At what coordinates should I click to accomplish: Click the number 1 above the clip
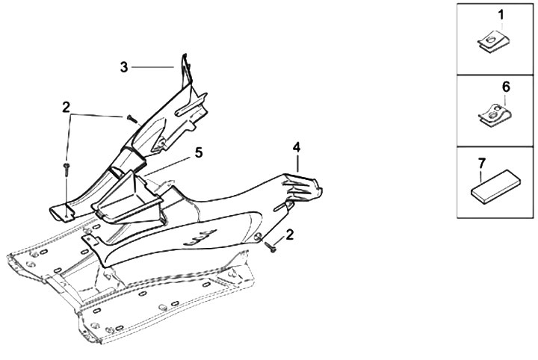tap(501, 14)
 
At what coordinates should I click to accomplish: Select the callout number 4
tap(297, 146)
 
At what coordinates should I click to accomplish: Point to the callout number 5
tap(198, 152)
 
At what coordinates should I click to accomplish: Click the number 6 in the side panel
tap(506, 87)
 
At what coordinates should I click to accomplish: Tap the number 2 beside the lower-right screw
tap(290, 235)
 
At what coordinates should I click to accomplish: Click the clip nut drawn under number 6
tap(494, 116)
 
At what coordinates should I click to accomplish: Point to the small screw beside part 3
tap(132, 119)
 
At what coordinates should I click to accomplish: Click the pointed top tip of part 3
tap(184, 57)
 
